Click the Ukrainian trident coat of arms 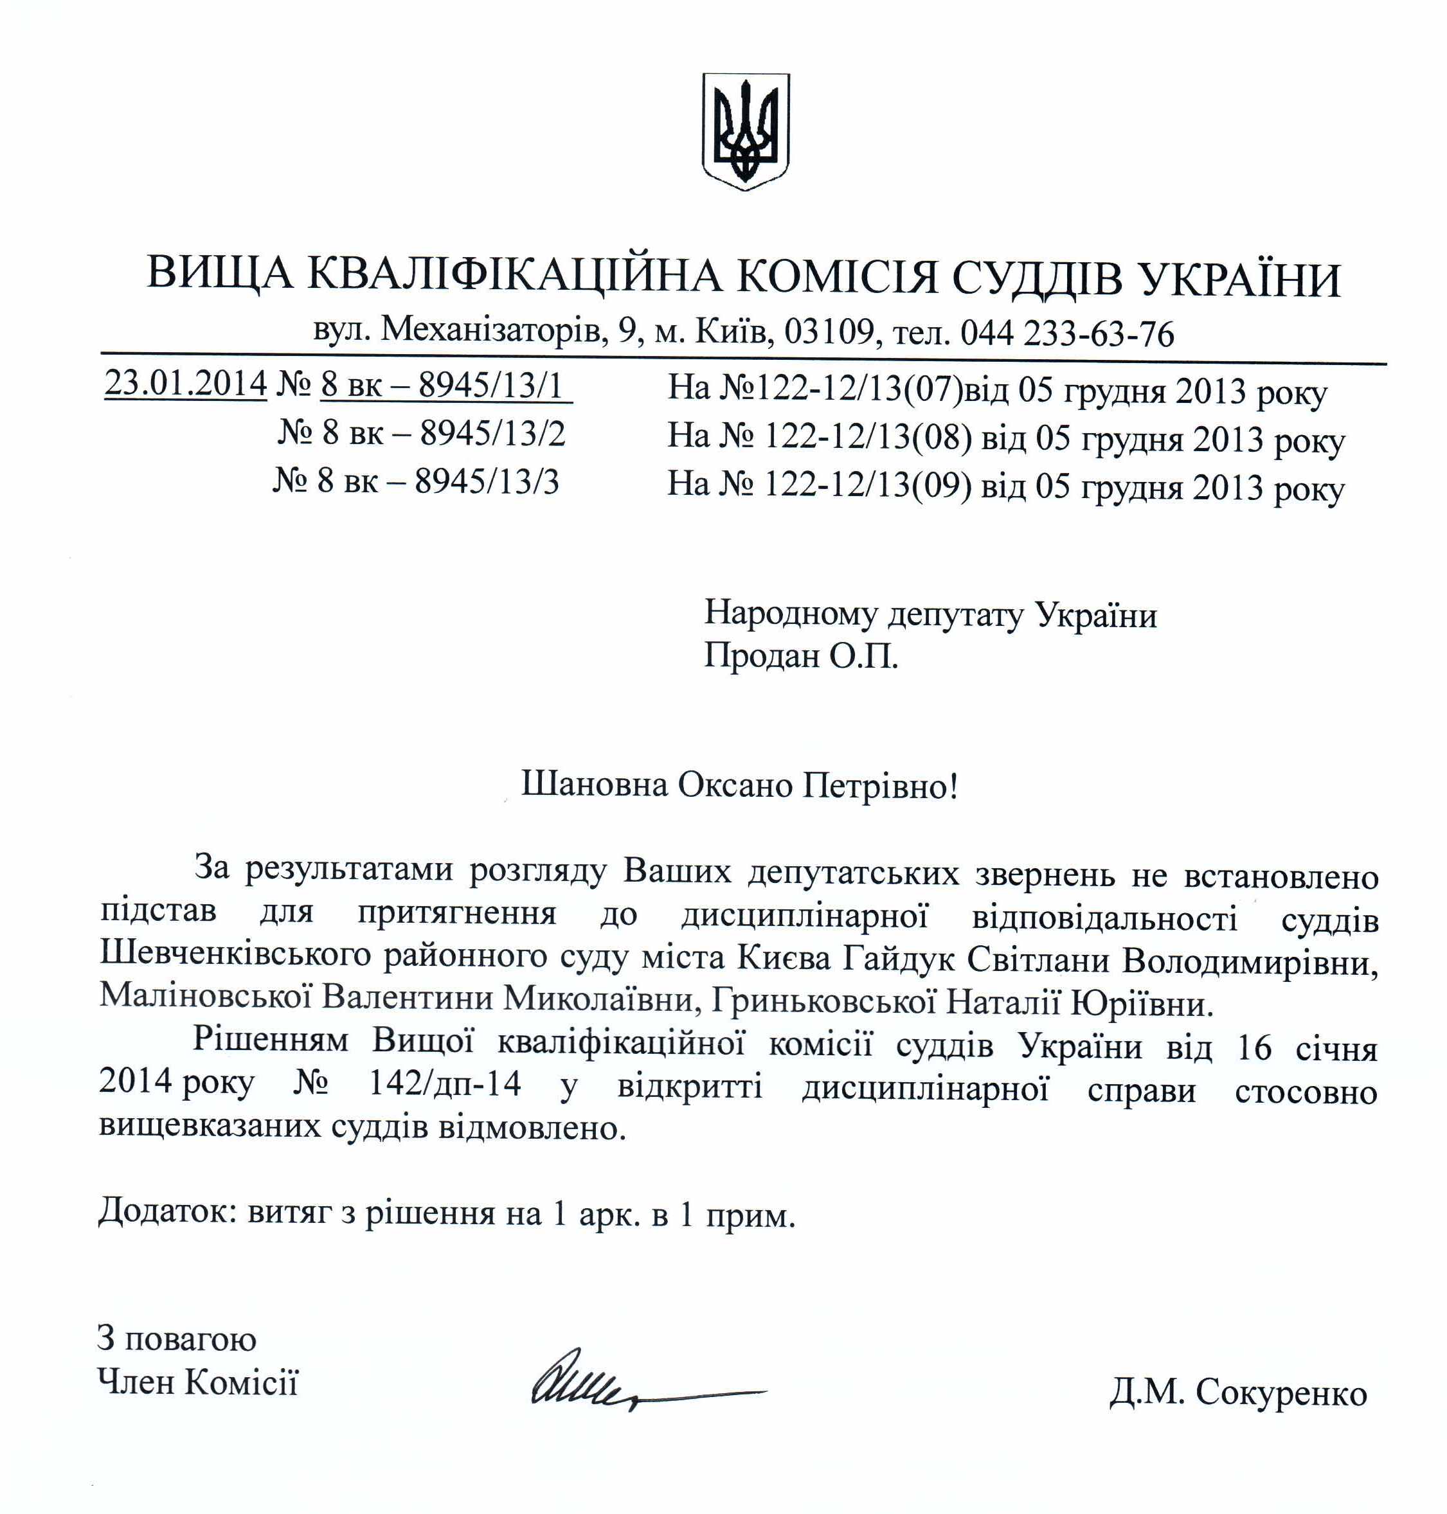[x=745, y=131]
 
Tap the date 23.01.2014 [x=186, y=383]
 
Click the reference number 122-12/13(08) [x=868, y=437]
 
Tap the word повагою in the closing [x=190, y=1339]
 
